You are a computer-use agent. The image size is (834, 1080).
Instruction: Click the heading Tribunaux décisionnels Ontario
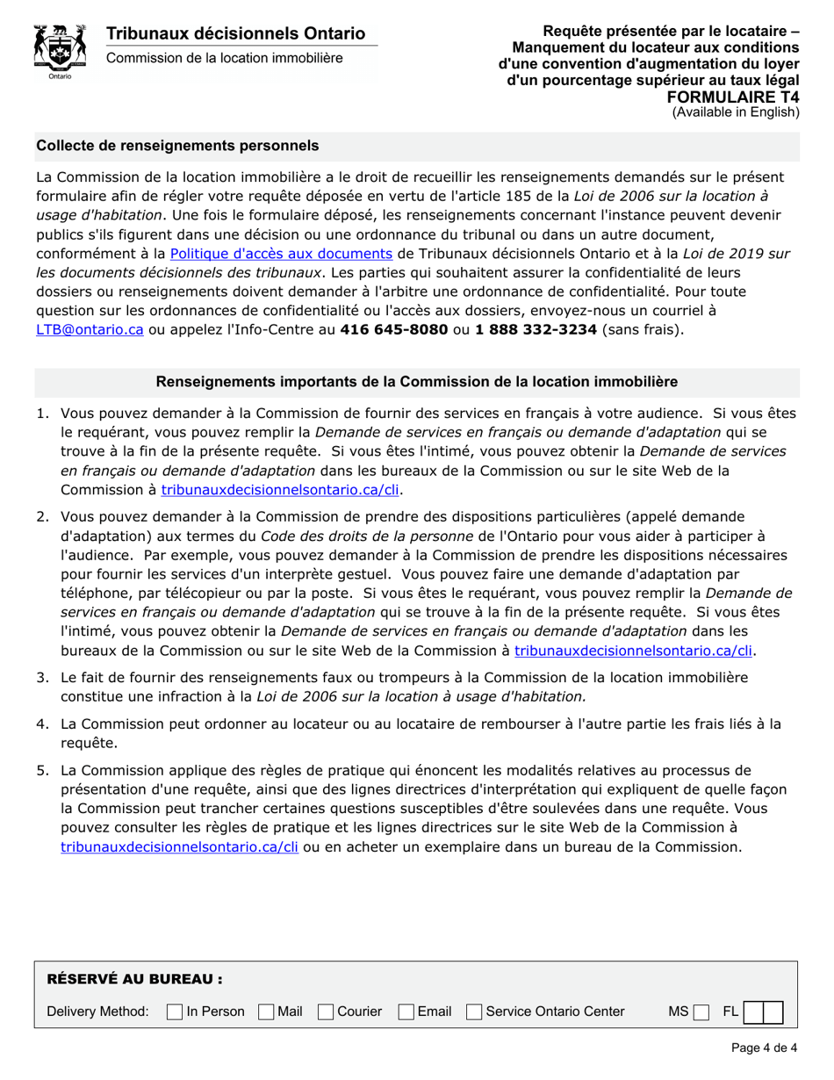(235, 34)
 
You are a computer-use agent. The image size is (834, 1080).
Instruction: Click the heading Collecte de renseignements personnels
(177, 145)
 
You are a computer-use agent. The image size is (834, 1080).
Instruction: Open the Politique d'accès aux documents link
(280, 254)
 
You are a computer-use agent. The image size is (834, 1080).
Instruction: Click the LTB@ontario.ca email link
(90, 329)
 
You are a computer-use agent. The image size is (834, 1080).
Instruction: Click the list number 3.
(42, 677)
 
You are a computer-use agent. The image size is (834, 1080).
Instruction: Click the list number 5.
(42, 770)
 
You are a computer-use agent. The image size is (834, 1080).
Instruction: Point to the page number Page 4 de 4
(764, 1047)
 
